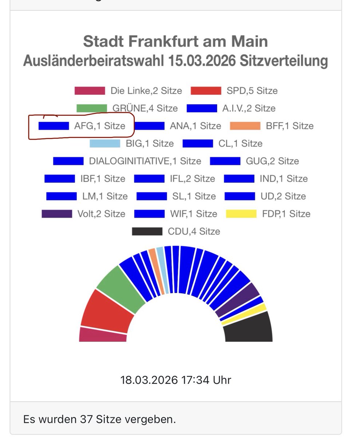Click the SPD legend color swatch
click(x=206, y=91)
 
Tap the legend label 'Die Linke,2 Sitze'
click(x=146, y=91)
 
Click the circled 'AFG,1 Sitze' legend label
click(x=100, y=126)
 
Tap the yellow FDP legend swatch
click(x=241, y=214)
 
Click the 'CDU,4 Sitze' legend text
click(x=194, y=231)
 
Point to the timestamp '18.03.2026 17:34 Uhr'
click(x=175, y=380)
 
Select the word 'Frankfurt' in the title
click(x=171, y=41)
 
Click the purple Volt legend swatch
click(x=57, y=214)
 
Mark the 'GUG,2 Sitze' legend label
click(x=272, y=161)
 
